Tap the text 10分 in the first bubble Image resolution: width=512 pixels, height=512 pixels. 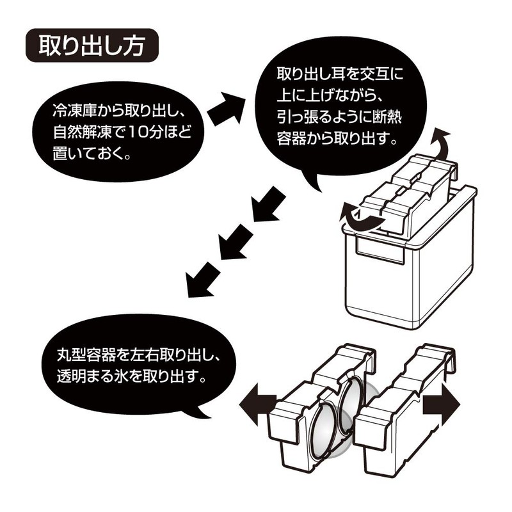(157, 134)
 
